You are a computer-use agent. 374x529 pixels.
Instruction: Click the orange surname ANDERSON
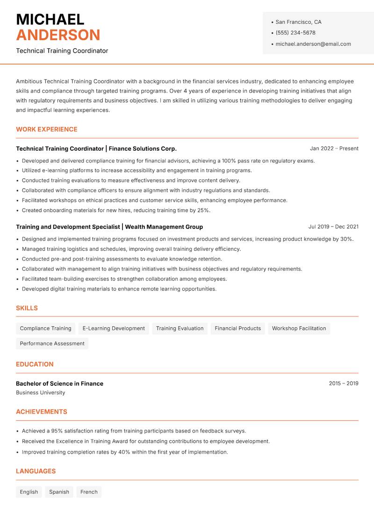pos(58,35)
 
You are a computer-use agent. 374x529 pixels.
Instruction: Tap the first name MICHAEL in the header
pos(50,19)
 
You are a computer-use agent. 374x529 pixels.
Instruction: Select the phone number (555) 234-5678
pos(295,33)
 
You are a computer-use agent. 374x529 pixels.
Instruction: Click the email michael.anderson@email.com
pos(313,44)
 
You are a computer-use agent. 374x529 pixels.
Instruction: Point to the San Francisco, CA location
pos(298,22)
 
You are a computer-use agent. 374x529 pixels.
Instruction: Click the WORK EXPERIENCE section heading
pos(47,129)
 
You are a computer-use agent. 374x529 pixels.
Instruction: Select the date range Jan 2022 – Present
pos(334,148)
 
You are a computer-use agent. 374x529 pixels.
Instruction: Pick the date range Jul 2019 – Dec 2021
pos(333,227)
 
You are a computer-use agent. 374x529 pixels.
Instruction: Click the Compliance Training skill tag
pos(46,328)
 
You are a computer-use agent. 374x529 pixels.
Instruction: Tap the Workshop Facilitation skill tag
pos(299,328)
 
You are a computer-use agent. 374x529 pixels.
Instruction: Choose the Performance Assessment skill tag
pos(52,343)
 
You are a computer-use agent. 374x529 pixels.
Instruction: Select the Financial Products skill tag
pos(237,328)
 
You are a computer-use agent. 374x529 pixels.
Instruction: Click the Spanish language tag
pos(59,492)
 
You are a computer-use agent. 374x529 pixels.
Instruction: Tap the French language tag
pos(89,492)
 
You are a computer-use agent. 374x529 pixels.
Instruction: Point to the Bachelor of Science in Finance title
pos(60,383)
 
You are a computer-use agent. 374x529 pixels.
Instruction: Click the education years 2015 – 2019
pos(343,383)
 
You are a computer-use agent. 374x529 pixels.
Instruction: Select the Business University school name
pos(41,393)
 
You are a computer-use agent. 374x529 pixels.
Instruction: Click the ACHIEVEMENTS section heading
pos(42,411)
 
